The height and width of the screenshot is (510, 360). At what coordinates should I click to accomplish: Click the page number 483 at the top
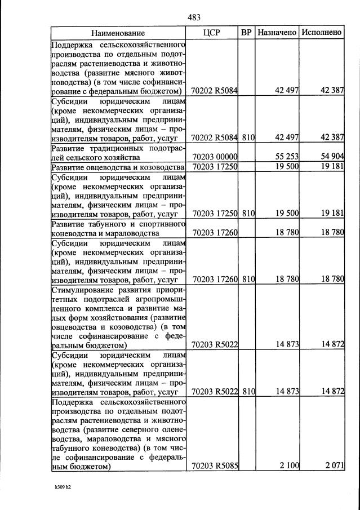pos(194,17)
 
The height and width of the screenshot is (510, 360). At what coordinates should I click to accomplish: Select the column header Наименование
pos(118,33)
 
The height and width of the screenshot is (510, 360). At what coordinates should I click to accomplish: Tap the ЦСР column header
pos(211,33)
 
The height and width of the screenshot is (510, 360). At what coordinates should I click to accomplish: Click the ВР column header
pos(246,33)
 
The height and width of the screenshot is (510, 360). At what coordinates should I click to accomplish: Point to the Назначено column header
pos(277,33)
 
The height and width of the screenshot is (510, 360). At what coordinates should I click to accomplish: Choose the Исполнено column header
pos(322,33)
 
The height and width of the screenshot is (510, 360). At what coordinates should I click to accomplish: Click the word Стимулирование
pos(83,291)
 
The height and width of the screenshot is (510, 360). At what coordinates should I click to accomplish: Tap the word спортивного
pos(162,224)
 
